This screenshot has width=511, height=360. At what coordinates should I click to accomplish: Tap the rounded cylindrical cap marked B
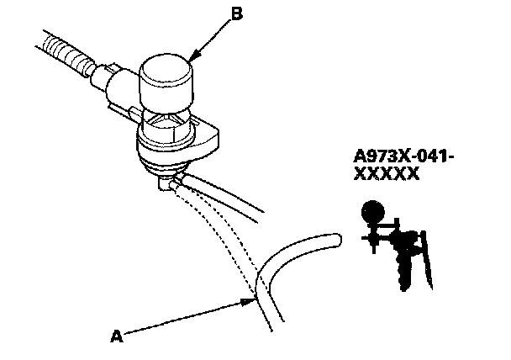(x=166, y=81)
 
